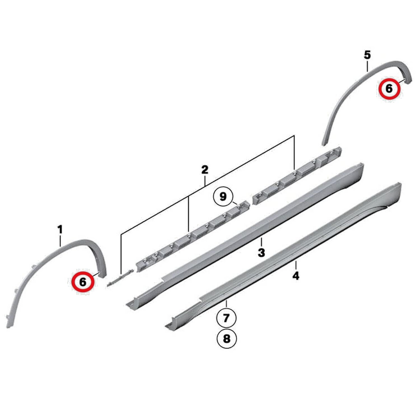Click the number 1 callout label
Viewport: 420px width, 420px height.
[x=60, y=230]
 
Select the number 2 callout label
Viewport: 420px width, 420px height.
[x=205, y=169]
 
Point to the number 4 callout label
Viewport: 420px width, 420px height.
[x=296, y=276]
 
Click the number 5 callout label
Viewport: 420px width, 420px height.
[x=367, y=55]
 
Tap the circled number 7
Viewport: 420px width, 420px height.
[x=226, y=318]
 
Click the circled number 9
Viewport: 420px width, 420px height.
[x=223, y=197]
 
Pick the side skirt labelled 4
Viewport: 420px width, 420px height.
[x=283, y=255]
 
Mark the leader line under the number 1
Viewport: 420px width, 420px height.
[x=60, y=241]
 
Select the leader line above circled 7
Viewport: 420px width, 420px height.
[x=226, y=304]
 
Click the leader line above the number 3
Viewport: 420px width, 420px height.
[x=261, y=242]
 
